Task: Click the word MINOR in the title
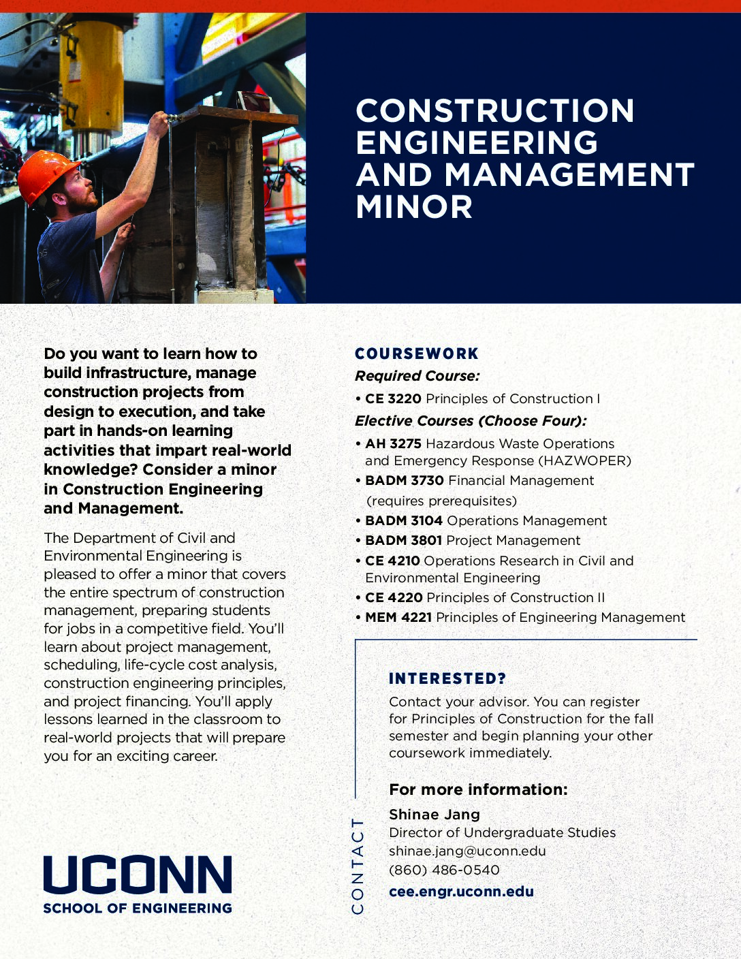[414, 207]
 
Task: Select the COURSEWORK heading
[417, 353]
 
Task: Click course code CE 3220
[393, 398]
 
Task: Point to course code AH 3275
[393, 443]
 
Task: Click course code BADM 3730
[404, 480]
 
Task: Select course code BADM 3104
[404, 520]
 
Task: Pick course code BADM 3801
[404, 540]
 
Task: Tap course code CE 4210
[392, 561]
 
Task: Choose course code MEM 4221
[398, 617]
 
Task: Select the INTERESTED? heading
[447, 678]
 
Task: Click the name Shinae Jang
[435, 814]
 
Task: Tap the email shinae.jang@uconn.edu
[467, 851]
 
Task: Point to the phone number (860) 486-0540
[444, 870]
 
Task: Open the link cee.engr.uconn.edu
[461, 891]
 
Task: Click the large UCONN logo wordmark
[138, 875]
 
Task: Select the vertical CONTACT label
[358, 865]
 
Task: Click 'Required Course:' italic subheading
[417, 376]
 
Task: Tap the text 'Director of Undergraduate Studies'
[502, 832]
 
